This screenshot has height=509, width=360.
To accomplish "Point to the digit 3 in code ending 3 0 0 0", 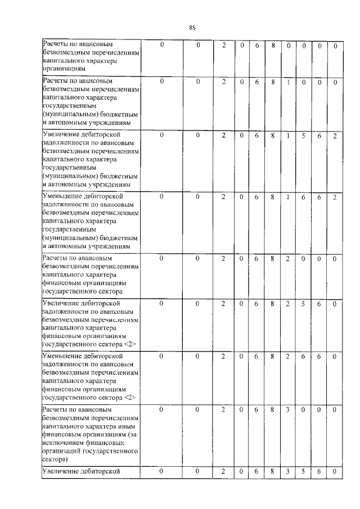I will click(x=287, y=410).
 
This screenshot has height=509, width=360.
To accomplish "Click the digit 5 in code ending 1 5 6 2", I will click(x=303, y=135).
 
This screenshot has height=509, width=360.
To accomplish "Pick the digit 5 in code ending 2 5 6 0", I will click(x=303, y=303).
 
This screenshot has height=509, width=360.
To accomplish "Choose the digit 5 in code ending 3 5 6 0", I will click(x=303, y=471).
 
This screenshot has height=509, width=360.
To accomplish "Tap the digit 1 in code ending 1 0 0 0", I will click(x=287, y=82).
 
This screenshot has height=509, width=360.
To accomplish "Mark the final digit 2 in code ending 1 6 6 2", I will click(x=335, y=197).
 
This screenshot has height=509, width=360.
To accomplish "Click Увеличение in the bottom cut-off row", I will click(x=61, y=471).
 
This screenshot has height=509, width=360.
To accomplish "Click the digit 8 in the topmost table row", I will click(x=272, y=45).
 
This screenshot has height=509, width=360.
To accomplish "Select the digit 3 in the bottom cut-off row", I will click(x=287, y=471).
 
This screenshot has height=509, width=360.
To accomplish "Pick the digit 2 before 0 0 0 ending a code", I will click(x=287, y=258).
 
